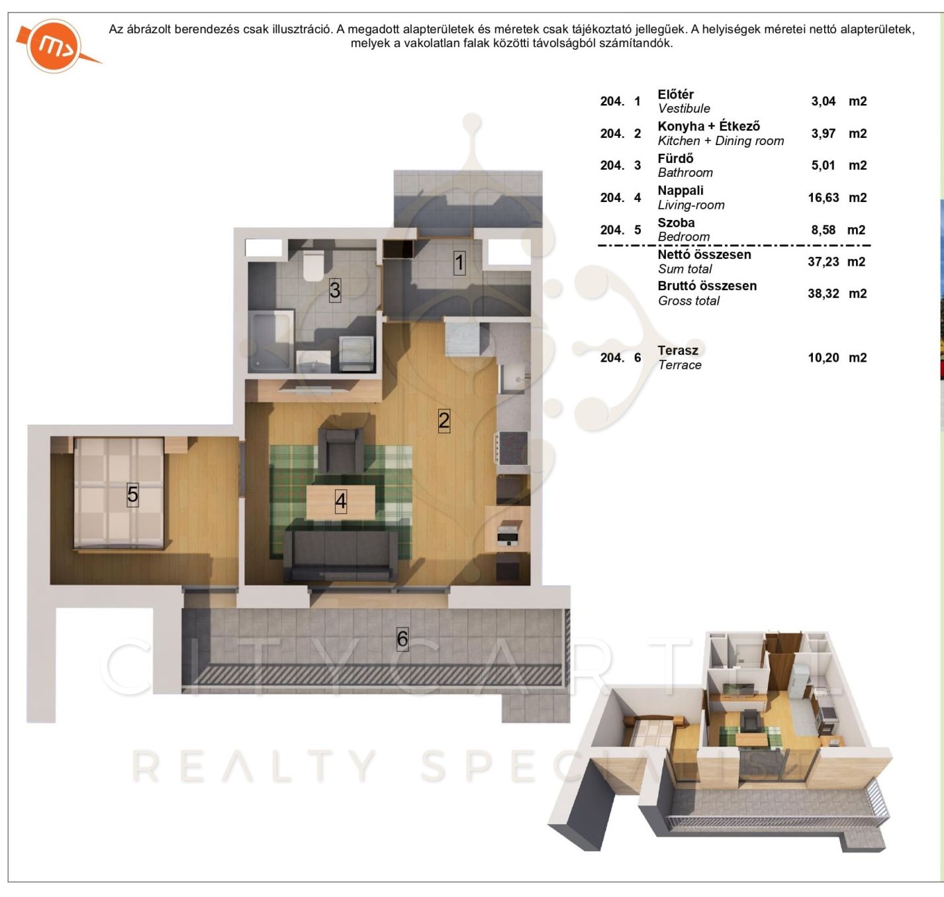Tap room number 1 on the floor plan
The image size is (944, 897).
tap(459, 263)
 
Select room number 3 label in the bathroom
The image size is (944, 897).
tap(335, 290)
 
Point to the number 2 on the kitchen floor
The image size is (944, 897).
tap(444, 421)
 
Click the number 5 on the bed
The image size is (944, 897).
tap(132, 495)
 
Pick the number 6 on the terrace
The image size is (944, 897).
tap(402, 639)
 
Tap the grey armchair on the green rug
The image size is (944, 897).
tap(341, 450)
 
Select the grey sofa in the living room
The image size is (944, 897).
tap(340, 556)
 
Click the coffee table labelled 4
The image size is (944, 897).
tap(341, 502)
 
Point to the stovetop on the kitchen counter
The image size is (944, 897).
tap(512, 448)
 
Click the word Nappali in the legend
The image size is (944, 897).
tap(681, 191)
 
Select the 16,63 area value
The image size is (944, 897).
tap(824, 197)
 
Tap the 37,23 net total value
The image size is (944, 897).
tap(824, 262)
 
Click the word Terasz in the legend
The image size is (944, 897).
tap(678, 350)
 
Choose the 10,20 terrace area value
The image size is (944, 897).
tap(824, 358)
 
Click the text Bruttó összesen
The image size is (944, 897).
tap(707, 286)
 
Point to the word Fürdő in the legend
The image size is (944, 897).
tap(676, 158)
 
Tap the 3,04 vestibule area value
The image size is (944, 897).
tap(824, 101)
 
